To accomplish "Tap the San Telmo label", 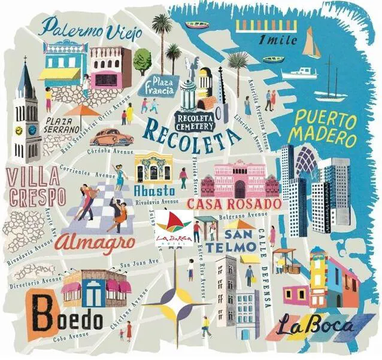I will (239, 239).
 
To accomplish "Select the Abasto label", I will (155, 191).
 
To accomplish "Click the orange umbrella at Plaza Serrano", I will (83, 110).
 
